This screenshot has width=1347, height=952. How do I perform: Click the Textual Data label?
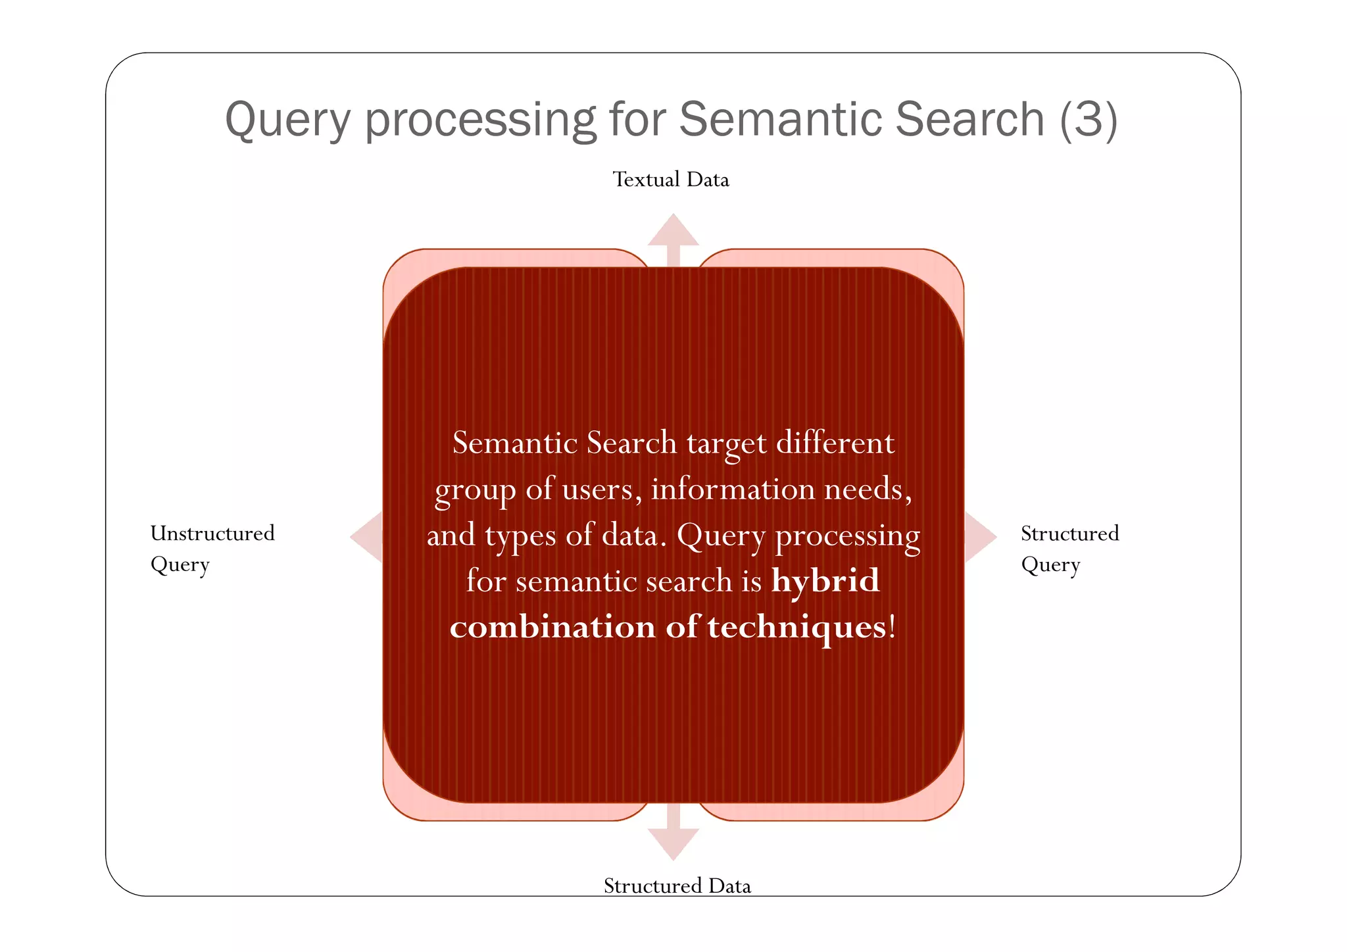point(671,180)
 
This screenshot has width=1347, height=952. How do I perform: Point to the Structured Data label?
point(677,886)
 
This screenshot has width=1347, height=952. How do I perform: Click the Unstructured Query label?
point(212,548)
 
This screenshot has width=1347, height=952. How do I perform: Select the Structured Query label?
point(1069,548)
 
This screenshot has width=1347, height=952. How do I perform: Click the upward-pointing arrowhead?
point(673,230)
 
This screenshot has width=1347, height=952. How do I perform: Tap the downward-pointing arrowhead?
point(673,843)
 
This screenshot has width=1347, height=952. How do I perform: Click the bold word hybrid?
point(825,581)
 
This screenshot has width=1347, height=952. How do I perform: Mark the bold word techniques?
point(797,627)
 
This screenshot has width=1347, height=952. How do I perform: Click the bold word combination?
point(552,627)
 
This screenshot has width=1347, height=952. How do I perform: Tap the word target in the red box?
point(727,444)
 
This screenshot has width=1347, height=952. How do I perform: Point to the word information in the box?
point(733,489)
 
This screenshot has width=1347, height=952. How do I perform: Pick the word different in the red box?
point(835,443)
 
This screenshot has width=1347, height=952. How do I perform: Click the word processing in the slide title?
point(481,120)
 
